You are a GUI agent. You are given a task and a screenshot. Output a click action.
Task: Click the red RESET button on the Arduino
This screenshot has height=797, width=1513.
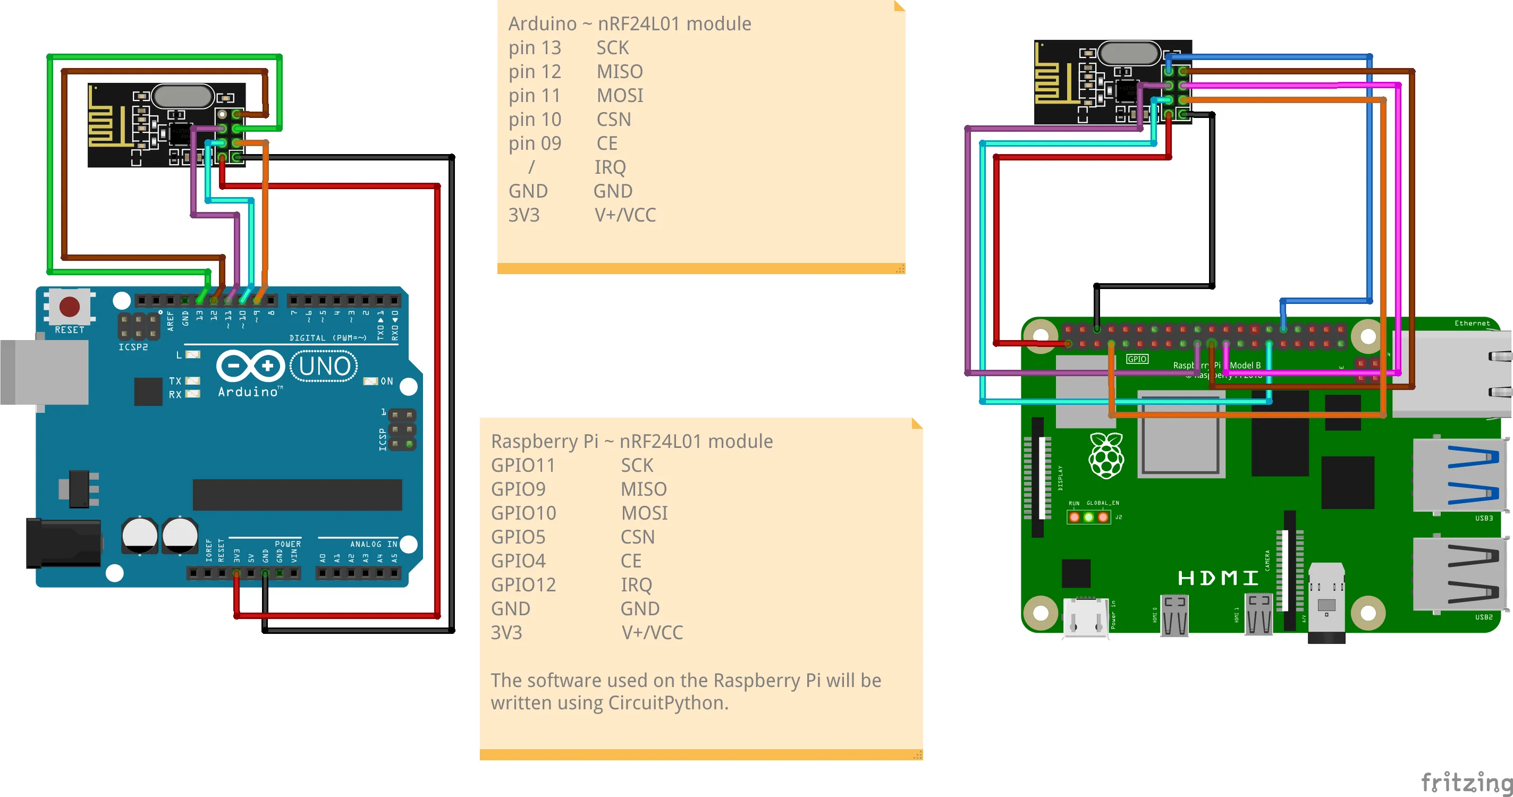coord(69,307)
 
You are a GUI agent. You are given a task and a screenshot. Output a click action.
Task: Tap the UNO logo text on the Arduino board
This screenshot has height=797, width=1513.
coord(325,367)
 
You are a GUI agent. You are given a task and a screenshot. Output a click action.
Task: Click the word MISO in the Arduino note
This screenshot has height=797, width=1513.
coord(620,72)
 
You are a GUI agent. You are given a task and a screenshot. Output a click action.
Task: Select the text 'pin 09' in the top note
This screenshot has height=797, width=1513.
coord(535,143)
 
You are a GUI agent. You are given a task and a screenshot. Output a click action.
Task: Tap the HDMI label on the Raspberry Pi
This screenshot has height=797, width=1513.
coord(1218,578)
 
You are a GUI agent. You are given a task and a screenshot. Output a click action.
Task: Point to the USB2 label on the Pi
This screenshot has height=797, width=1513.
coord(1483,617)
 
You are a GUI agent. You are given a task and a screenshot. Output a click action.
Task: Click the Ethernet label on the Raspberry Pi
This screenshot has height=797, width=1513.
coord(1472,323)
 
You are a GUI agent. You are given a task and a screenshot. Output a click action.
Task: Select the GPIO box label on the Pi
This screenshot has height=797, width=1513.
coord(1137,359)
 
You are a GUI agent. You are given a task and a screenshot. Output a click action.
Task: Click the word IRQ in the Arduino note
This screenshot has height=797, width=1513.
coord(610,167)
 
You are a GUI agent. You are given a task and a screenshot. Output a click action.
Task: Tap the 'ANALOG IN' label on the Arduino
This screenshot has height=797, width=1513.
coord(374,545)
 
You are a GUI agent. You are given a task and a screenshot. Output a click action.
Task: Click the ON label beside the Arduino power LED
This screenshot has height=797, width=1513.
coord(386,381)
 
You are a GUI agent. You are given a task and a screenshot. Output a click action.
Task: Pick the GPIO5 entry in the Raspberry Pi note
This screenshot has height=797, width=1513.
coord(518,537)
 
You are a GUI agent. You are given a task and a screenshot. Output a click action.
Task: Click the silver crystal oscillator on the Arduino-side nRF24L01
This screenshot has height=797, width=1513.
coord(182,96)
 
